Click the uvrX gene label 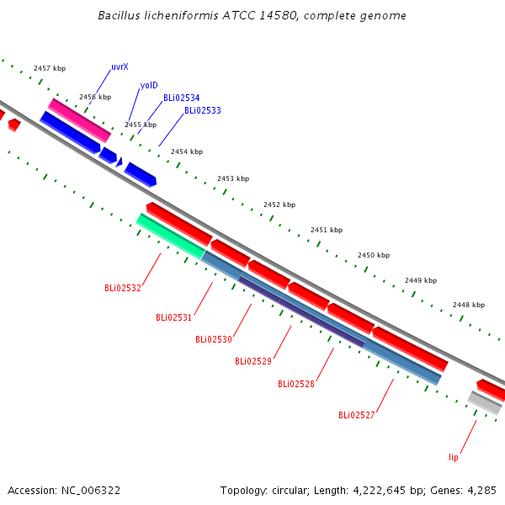pyautogui.click(x=120, y=66)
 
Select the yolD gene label pyautogui.click(x=149, y=85)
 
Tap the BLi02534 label pyautogui.click(x=182, y=98)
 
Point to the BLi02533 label pyautogui.click(x=203, y=110)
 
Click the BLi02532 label pyautogui.click(x=123, y=288)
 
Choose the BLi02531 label pyautogui.click(x=173, y=317)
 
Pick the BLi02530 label pyautogui.click(x=214, y=339)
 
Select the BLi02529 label pyautogui.click(x=253, y=361)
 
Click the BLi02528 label pyautogui.click(x=296, y=384)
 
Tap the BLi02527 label pyautogui.click(x=357, y=415)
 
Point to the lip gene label pyautogui.click(x=454, y=457)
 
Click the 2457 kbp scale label pyautogui.click(x=50, y=68)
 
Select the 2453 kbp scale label pyautogui.click(x=233, y=178)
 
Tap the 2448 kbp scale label pyautogui.click(x=469, y=305)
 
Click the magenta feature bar pyautogui.click(x=80, y=120)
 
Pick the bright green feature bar pyautogui.click(x=171, y=236)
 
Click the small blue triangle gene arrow pyautogui.click(x=120, y=162)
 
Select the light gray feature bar pyautogui.click(x=485, y=402)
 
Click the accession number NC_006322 pyautogui.click(x=91, y=491)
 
